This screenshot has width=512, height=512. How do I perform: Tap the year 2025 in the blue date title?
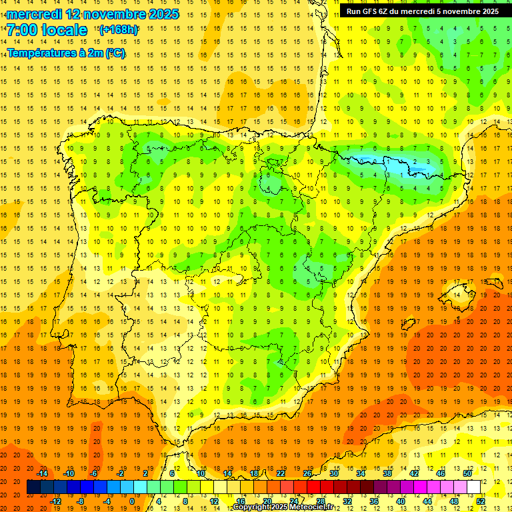(x=161, y=14)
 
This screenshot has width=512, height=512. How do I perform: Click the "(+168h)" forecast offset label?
(x=119, y=30)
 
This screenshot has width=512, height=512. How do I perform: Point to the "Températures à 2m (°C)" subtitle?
(x=66, y=53)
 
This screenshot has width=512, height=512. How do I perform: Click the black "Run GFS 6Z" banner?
(x=423, y=11)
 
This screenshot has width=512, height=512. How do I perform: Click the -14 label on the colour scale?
(x=42, y=473)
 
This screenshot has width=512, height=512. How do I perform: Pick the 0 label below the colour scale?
(x=132, y=501)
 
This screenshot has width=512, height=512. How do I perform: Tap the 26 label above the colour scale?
(x=307, y=473)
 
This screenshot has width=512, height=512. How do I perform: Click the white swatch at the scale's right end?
(x=474, y=487)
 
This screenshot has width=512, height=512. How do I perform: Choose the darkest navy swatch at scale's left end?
(x=34, y=487)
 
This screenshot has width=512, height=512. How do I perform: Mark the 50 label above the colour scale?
(x=467, y=473)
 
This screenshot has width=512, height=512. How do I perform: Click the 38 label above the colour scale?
(x=387, y=473)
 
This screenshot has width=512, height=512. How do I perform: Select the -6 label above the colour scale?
(x=95, y=473)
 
